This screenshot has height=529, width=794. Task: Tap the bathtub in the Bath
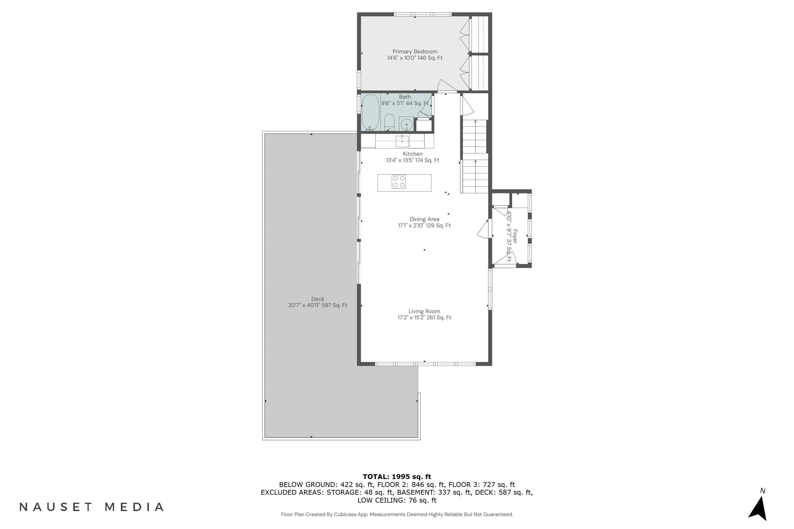click(x=370, y=112)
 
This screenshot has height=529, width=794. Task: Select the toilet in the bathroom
click(x=389, y=122)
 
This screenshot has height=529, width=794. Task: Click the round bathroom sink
click(x=407, y=124)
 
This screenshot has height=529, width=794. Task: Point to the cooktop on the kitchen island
click(x=398, y=181)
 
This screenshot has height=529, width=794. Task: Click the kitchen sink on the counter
click(x=402, y=141)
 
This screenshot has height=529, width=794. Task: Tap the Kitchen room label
click(x=413, y=154)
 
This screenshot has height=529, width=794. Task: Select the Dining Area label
click(x=424, y=219)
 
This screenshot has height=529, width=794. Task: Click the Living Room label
click(x=424, y=311)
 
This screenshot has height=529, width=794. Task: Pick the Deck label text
click(x=318, y=299)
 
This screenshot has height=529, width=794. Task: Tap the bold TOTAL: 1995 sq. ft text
click(x=397, y=477)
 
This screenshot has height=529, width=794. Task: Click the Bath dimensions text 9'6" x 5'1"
click(x=404, y=103)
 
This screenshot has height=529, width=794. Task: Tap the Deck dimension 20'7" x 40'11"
click(x=317, y=305)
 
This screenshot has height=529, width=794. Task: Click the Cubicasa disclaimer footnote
click(x=397, y=514)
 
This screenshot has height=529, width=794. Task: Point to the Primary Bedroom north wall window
click(x=423, y=14)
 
